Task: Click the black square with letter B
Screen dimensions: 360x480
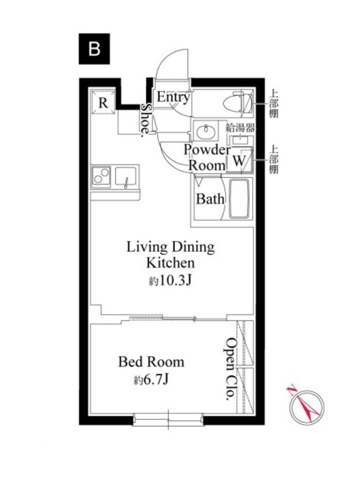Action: pyautogui.click(x=94, y=49)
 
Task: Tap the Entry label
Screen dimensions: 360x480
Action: pyautogui.click(x=173, y=97)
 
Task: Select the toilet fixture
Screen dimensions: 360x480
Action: pyautogui.click(x=238, y=103)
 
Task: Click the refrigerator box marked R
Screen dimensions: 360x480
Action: pyautogui.click(x=103, y=103)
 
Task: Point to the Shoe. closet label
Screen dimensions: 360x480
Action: pyautogui.click(x=146, y=118)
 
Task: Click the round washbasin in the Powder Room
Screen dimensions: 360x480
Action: pyautogui.click(x=206, y=131)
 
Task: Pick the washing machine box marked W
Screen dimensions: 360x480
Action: pyautogui.click(x=239, y=160)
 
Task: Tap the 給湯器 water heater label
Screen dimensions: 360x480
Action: pyautogui.click(x=241, y=128)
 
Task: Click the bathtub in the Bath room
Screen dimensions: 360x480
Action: pyautogui.click(x=239, y=199)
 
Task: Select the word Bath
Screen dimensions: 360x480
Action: pyautogui.click(x=210, y=199)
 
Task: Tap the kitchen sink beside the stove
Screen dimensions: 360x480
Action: pyautogui.click(x=125, y=176)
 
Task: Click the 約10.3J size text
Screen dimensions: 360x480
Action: pyautogui.click(x=170, y=280)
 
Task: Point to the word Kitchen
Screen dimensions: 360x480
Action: pyautogui.click(x=170, y=263)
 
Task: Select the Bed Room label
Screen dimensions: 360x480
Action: pyautogui.click(x=151, y=362)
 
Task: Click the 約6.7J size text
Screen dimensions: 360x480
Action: pyautogui.click(x=151, y=380)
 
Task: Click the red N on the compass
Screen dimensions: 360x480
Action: pyautogui.click(x=292, y=388)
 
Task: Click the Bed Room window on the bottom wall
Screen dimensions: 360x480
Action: pyautogui.click(x=168, y=419)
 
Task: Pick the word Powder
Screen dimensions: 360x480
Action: pyautogui.click(x=207, y=149)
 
